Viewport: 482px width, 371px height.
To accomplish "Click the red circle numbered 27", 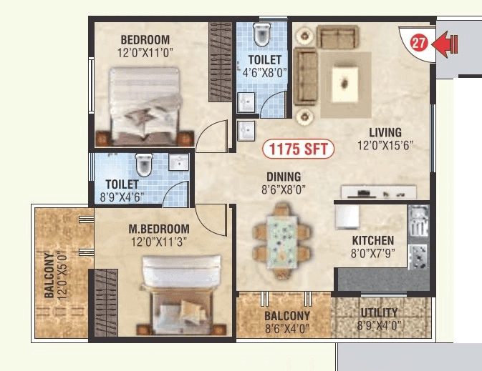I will point(419,43).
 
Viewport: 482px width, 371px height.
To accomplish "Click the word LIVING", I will point(385,132).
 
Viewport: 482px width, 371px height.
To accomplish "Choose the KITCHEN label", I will point(372,241).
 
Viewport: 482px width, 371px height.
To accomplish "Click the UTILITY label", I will point(380,313).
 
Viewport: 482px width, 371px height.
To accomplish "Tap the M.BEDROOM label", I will point(159,229).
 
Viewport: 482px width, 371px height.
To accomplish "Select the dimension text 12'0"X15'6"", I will point(385,146).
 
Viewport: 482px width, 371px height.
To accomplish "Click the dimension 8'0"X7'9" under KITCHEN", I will point(372,254).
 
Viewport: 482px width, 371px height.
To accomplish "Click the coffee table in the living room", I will point(345,84).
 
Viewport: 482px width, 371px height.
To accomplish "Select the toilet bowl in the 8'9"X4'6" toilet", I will point(144,164).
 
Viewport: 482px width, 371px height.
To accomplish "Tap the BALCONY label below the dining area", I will point(286,316).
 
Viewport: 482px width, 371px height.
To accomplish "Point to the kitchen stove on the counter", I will point(418,256).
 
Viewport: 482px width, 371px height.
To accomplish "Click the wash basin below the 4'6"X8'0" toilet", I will point(246,129).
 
